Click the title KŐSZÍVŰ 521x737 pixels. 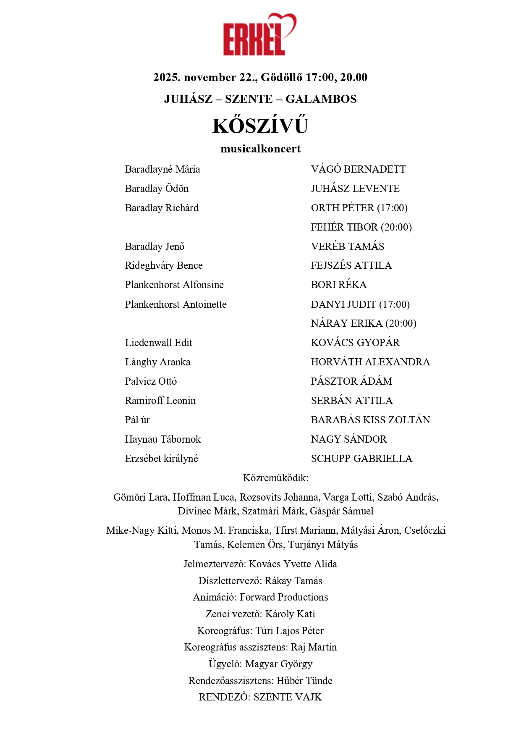[260, 126]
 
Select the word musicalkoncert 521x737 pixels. [260, 149]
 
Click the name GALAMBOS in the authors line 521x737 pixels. [321, 99]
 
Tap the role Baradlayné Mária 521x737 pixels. [162, 169]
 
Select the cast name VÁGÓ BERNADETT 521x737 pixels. [358, 169]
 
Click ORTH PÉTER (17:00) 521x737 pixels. [359, 208]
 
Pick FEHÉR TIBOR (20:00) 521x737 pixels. [361, 227]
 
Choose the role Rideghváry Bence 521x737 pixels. [164, 265]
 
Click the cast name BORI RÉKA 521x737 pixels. [338, 285]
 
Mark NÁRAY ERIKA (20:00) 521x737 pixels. [364, 323]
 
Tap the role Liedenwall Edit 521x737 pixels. [158, 343]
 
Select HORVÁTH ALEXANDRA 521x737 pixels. [370, 362]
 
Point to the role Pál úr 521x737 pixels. [137, 420]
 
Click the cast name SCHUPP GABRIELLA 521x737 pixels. [361, 459]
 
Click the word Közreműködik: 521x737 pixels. [275, 478]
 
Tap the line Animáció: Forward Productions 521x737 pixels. [260, 597]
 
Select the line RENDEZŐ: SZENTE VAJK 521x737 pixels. [260, 697]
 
